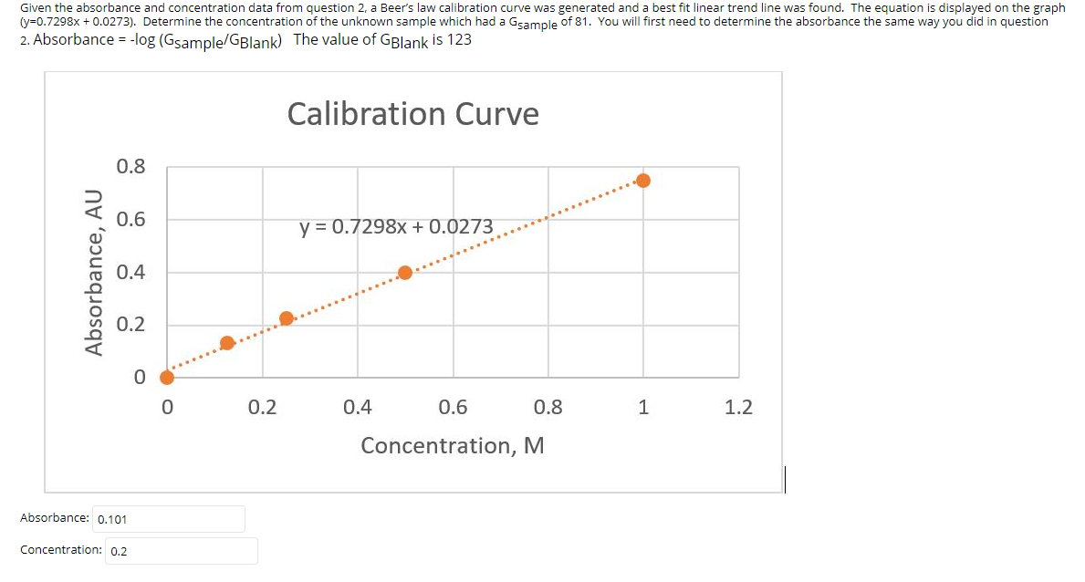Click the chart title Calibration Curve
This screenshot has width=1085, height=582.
point(412,114)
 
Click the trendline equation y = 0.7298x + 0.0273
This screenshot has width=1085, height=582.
point(396,226)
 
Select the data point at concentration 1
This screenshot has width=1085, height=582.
point(643,181)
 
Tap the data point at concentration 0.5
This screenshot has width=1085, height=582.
point(405,273)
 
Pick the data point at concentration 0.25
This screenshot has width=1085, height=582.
point(287,318)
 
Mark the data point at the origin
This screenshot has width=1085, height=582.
point(167,378)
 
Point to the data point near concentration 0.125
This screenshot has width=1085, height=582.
point(227,343)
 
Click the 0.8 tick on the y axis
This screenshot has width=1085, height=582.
point(130,167)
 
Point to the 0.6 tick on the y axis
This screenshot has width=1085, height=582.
point(130,220)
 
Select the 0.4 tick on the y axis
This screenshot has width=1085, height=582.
point(130,272)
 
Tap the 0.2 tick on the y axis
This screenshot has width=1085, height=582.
point(130,325)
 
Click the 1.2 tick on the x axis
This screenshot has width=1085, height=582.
point(738,407)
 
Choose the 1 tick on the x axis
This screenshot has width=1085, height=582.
point(643,407)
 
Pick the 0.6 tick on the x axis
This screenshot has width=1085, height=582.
point(453,407)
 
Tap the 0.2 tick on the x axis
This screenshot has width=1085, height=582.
point(262,407)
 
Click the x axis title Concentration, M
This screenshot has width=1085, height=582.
point(453,446)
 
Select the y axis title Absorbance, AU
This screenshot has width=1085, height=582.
point(92,272)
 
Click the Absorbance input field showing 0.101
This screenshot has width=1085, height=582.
point(169,519)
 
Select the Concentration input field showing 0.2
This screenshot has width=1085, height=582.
point(181,551)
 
